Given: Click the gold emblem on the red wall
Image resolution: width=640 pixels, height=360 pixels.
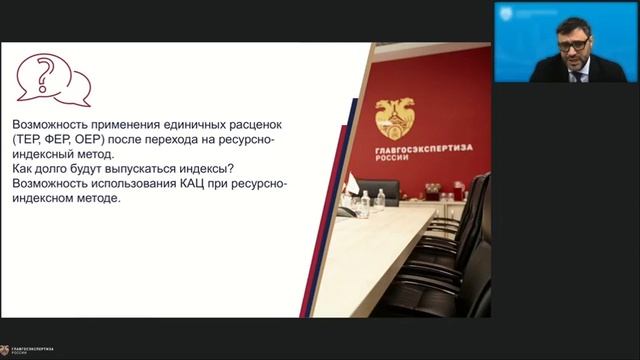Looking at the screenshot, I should click(x=395, y=117).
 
